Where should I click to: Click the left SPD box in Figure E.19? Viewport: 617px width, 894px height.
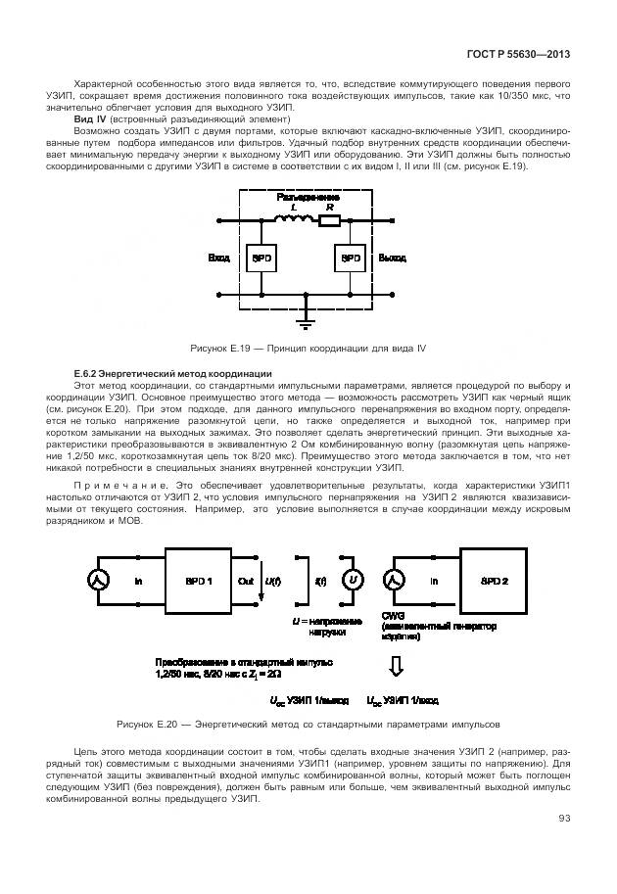(261, 259)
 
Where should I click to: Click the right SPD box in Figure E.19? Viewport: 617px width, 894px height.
(349, 259)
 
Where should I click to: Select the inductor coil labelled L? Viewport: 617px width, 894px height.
(292, 221)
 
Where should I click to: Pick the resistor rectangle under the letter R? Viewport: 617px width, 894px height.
(329, 221)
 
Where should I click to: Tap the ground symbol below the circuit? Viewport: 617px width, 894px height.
(306, 315)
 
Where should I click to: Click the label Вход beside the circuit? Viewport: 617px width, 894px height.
(219, 259)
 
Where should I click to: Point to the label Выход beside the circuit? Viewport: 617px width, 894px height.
(392, 259)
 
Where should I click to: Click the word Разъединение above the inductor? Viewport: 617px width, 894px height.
(307, 197)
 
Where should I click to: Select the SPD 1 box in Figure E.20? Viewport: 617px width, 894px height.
(198, 582)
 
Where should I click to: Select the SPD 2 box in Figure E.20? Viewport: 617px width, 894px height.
(493, 582)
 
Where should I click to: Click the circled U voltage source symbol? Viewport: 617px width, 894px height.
(352, 582)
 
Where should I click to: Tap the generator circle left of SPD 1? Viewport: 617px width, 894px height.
(99, 582)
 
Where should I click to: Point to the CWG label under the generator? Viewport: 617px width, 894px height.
(393, 616)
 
